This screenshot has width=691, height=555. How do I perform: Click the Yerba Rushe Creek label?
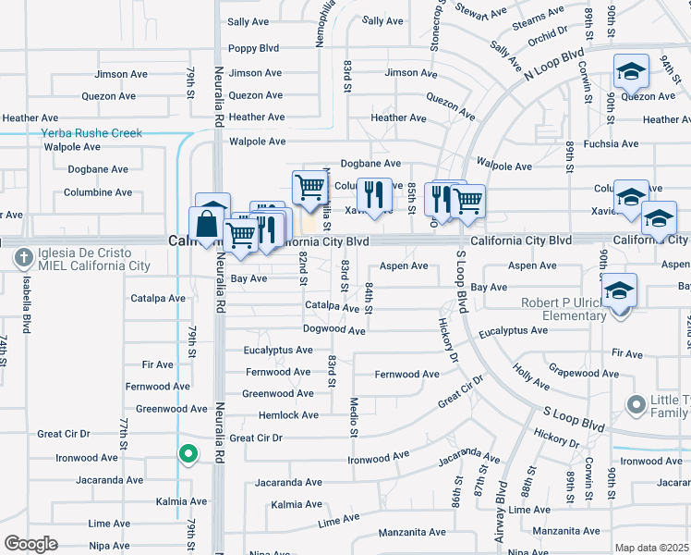coord(91,133)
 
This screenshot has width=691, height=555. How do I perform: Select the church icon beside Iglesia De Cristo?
coord(22,258)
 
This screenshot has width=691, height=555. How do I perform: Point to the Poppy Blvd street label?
coord(254,49)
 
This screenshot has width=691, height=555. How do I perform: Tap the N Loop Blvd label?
coord(554,63)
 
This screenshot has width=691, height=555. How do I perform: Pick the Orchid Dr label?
coord(549,32)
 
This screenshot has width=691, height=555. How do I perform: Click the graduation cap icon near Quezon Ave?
coord(631,70)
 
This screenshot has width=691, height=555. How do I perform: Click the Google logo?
coord(30,544)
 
